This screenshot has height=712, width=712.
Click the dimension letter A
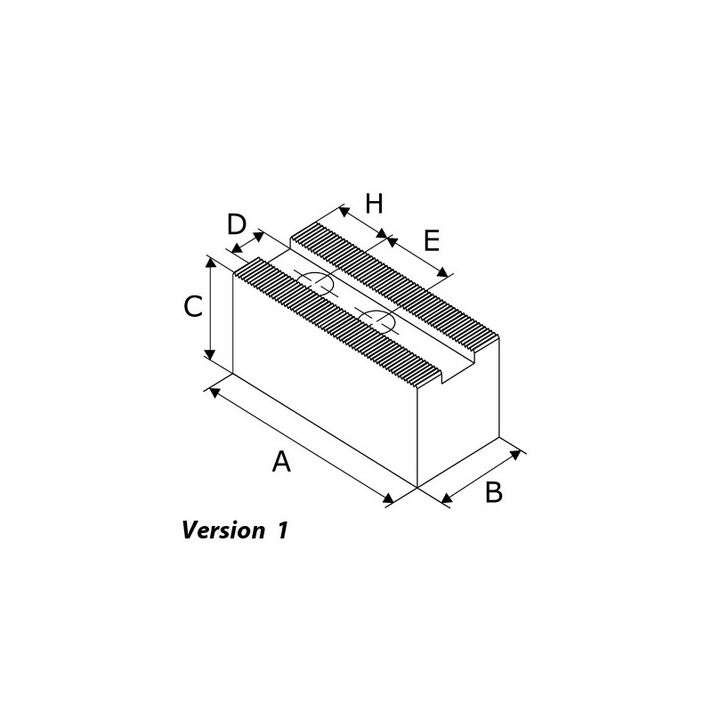(281, 461)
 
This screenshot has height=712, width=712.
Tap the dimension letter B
(494, 492)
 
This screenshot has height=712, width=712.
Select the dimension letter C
(193, 306)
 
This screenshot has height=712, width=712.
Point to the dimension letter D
(237, 224)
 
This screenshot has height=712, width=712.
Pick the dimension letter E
(432, 240)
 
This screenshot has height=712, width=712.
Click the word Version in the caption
(223, 530)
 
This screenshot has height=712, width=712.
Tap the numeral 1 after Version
(282, 530)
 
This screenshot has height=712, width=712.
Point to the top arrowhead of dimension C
(209, 263)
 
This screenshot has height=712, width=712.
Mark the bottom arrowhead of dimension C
(209, 352)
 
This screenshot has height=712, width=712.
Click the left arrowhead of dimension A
(215, 392)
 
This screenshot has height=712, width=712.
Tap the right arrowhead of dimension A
(388, 498)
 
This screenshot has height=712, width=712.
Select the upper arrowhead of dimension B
(515, 455)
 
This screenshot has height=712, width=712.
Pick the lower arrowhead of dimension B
(447, 498)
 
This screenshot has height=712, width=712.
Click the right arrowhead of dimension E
(441, 272)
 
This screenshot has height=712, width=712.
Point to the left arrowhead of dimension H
(344, 211)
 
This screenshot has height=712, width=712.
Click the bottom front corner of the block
(417, 488)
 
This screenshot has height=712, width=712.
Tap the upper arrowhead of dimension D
(258, 236)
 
